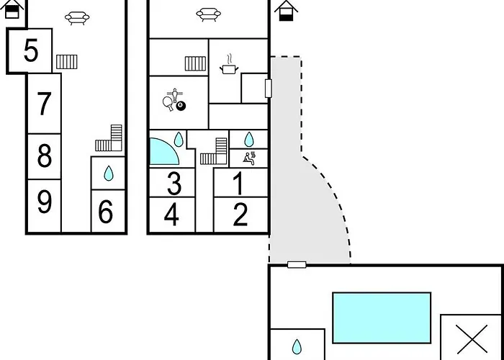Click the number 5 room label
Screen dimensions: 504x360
point(31,50)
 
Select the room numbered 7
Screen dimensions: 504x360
point(44,104)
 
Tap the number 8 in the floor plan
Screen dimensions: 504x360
point(45,156)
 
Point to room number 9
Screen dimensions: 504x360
point(45,202)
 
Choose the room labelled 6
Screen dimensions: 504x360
point(105,212)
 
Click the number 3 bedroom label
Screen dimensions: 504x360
point(174,184)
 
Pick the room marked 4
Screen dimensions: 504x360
point(171,215)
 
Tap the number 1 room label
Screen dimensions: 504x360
point(238,184)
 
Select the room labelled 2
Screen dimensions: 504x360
point(240,215)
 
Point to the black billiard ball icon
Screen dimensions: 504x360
point(181,105)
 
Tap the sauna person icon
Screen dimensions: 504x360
point(249,158)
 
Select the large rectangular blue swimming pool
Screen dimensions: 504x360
point(382,318)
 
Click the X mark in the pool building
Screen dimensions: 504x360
point(472,339)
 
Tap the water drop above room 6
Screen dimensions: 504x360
point(109,174)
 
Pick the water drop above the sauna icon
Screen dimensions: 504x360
point(249,140)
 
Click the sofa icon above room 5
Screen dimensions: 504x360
point(77,18)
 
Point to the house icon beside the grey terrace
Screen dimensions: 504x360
point(286,11)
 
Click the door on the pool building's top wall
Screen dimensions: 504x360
point(297,264)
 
